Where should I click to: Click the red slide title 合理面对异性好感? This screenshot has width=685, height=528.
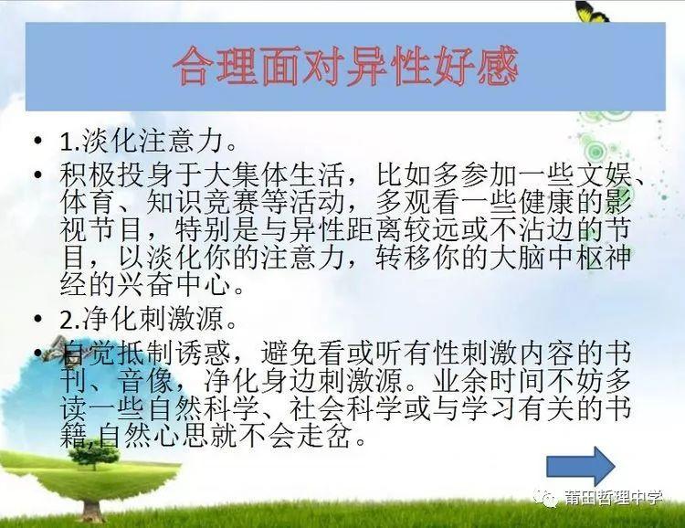coord(345,67)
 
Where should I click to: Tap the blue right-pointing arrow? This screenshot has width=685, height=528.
coord(581,467)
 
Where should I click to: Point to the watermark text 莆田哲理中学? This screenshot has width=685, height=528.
coord(613,498)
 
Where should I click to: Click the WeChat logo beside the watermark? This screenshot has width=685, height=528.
coord(547,498)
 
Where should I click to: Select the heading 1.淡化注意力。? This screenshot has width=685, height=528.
coord(149,142)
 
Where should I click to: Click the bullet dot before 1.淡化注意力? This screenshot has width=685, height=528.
coord(38,141)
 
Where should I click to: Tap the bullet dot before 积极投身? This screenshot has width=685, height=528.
coord(38,174)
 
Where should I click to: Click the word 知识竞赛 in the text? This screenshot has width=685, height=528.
coord(203,203)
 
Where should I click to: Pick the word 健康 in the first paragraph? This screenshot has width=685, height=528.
coord(546,203)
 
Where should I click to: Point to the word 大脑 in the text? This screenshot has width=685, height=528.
coord(517,257)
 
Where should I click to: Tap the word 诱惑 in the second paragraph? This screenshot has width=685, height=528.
coord(203,354)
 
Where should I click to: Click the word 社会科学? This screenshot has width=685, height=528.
coord(346,407)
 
